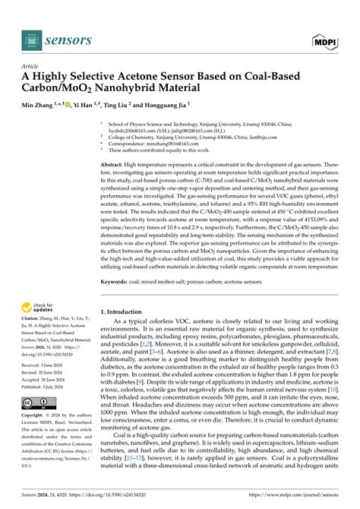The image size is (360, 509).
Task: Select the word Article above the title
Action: pos(35,67)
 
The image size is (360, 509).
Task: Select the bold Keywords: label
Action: pos(115,304)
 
